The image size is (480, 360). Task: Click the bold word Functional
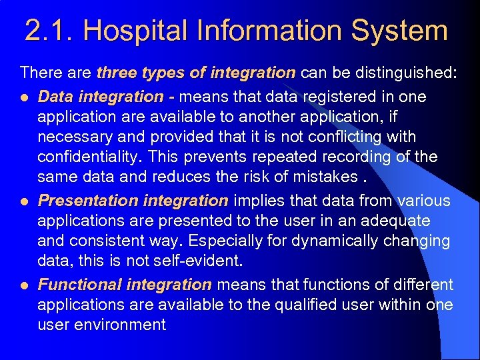click(79, 285)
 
